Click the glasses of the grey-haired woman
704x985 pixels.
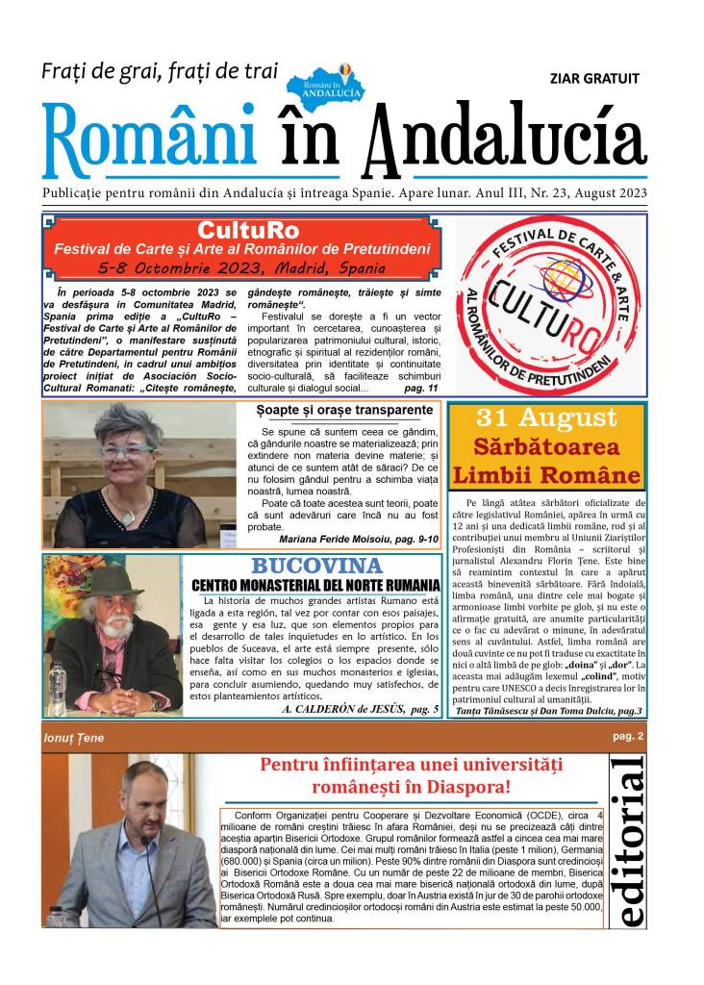[x=127, y=451]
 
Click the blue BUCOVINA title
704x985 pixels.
[x=316, y=566]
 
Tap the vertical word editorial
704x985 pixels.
[x=632, y=842]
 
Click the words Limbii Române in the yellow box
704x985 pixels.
[x=546, y=475]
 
